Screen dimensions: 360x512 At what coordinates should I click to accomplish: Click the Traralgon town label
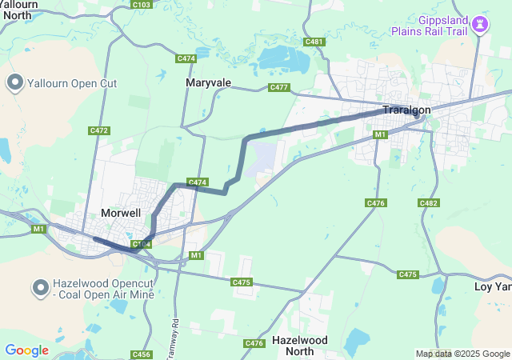tap(406, 110)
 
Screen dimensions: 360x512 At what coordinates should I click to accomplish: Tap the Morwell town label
tap(121, 213)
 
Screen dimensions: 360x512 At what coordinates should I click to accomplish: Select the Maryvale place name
tap(208, 82)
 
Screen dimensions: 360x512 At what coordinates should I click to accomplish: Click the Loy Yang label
tap(492, 286)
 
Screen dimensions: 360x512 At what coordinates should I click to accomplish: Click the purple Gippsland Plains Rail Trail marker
tap(480, 24)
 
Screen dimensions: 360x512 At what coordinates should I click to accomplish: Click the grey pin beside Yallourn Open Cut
tap(15, 82)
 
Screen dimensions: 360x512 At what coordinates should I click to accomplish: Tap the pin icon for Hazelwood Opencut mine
tap(40, 286)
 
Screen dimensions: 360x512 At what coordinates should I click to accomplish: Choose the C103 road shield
tap(142, 5)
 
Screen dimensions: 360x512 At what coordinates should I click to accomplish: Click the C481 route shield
tap(314, 42)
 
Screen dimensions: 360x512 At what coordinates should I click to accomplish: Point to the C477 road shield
tap(279, 87)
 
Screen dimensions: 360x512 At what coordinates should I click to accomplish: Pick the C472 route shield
tap(99, 130)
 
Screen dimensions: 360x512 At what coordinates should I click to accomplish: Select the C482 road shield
tap(429, 203)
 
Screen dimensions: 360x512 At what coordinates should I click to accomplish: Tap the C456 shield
tap(142, 354)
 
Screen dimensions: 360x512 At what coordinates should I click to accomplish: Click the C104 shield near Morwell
tap(142, 244)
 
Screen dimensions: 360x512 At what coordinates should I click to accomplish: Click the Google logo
tap(26, 350)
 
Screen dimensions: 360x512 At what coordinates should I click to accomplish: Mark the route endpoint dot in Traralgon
tap(416, 116)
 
